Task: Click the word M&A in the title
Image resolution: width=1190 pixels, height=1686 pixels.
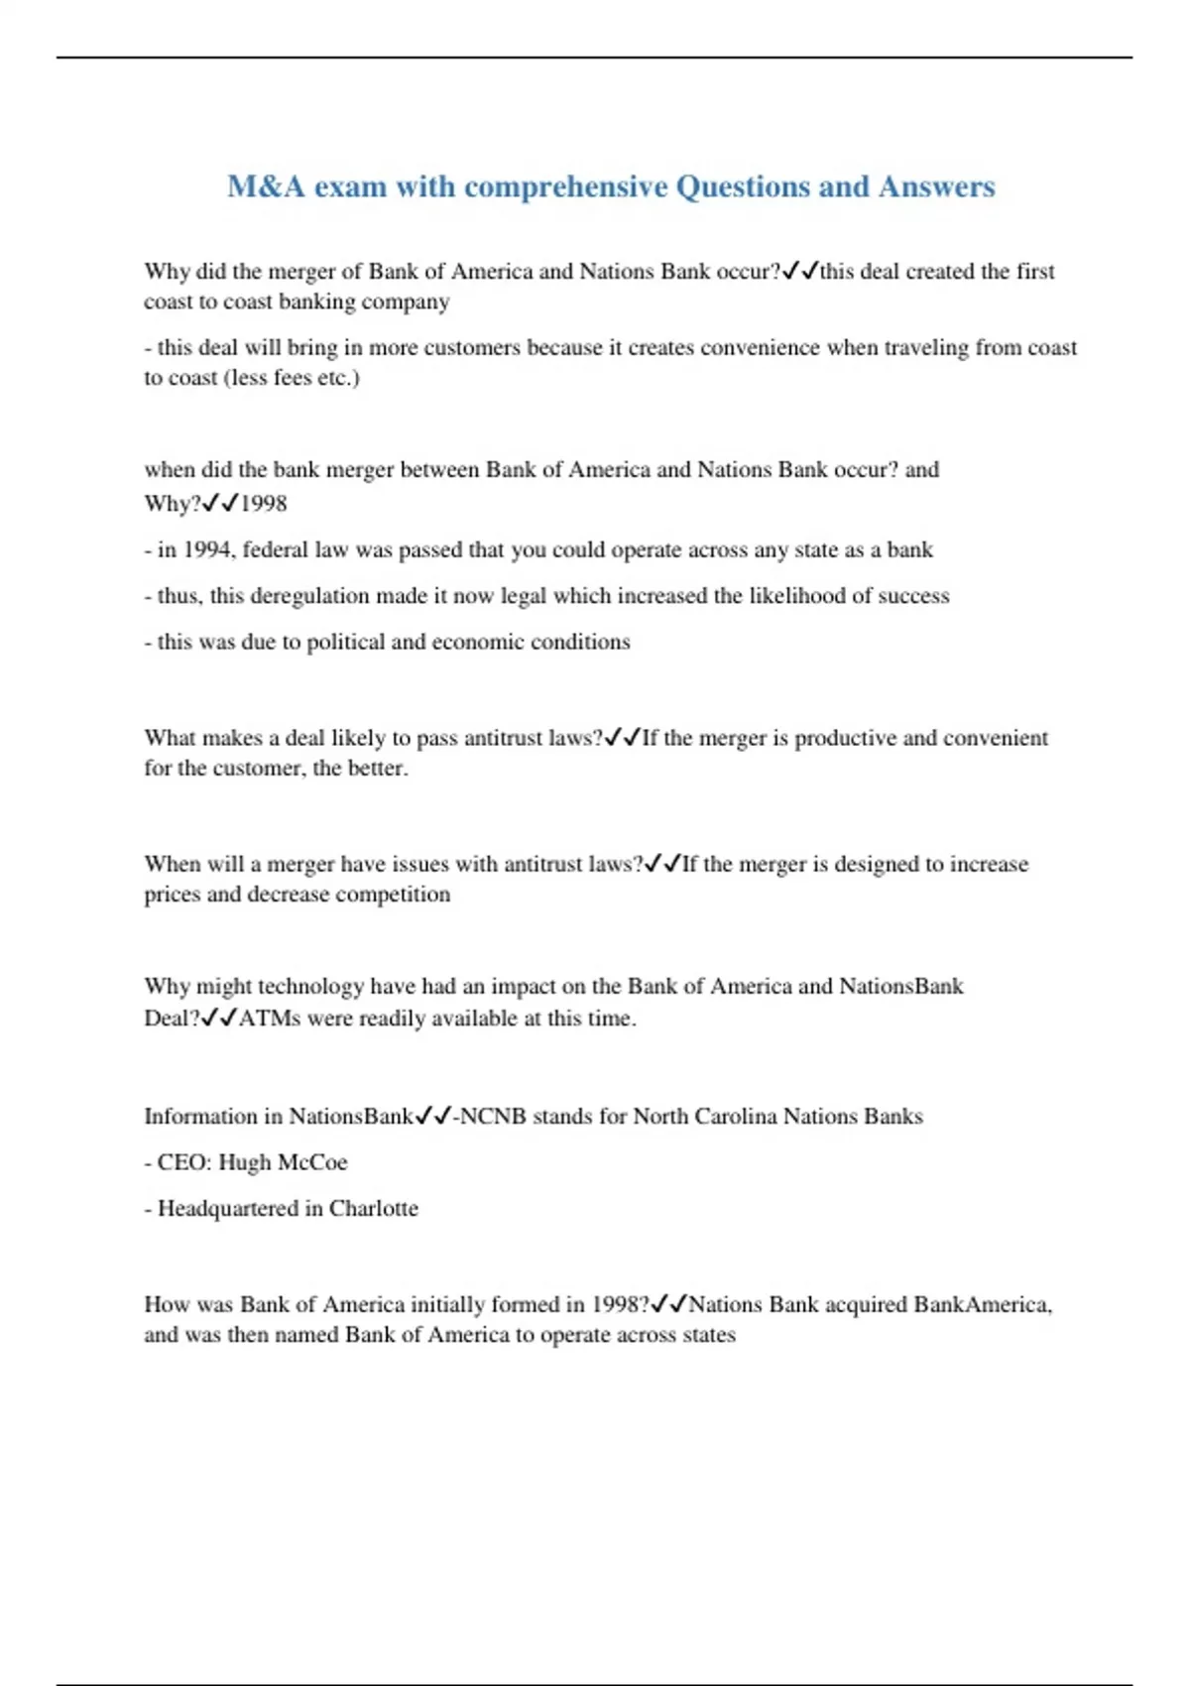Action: pyautogui.click(x=266, y=186)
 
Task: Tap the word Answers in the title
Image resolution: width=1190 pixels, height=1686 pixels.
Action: pyautogui.click(x=936, y=186)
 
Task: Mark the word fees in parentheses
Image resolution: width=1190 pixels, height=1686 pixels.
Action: pyautogui.click(x=292, y=377)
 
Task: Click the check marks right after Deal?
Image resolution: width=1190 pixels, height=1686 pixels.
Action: pyautogui.click(x=219, y=1018)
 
